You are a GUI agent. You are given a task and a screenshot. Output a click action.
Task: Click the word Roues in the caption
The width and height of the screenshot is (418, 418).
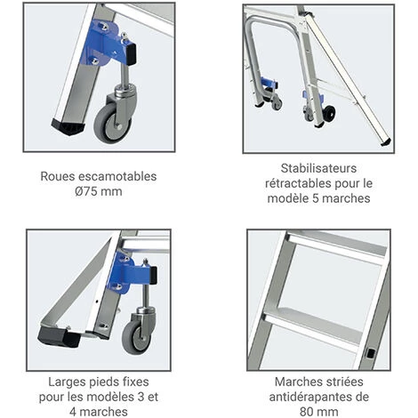(x=57, y=176)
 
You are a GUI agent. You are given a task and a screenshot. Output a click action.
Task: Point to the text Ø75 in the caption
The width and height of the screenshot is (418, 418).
(x=86, y=191)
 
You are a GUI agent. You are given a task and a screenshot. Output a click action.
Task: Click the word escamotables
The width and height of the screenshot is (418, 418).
(x=117, y=176)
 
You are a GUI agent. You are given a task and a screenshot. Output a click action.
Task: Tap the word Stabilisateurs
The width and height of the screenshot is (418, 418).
(x=318, y=168)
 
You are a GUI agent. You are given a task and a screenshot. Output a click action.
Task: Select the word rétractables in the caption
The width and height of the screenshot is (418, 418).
(x=298, y=183)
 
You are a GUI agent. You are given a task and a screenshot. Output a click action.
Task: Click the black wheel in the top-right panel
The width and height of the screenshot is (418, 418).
(x=328, y=112)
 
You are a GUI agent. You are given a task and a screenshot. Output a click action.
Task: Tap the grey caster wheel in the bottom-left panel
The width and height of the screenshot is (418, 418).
(x=136, y=337)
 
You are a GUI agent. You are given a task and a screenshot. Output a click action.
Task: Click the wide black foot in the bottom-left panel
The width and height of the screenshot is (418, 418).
(x=60, y=337)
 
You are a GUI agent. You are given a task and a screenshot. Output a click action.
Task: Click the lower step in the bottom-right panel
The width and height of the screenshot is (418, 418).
(x=314, y=327)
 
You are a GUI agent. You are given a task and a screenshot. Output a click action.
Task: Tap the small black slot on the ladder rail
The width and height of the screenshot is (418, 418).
(x=371, y=353)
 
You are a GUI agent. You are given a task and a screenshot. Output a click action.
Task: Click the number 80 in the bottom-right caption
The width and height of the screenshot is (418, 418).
(x=306, y=412)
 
